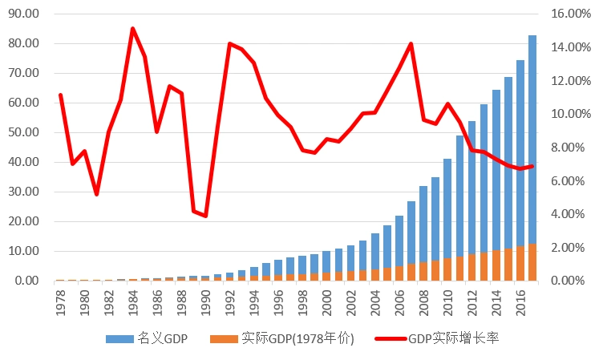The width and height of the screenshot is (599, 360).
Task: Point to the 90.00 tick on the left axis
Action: (22, 14)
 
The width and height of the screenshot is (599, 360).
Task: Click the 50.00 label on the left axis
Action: (22, 132)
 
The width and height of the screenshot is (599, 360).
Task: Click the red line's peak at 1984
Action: (132, 29)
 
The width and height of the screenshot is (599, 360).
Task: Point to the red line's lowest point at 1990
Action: (205, 216)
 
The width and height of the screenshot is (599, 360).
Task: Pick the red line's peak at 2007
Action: (411, 44)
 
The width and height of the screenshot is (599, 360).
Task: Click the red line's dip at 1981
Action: (96, 194)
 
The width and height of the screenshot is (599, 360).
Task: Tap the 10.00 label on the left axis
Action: (22, 251)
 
